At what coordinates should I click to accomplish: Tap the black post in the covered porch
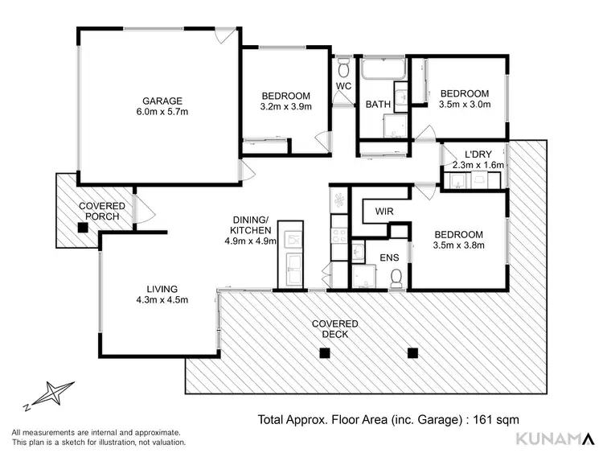[82, 228]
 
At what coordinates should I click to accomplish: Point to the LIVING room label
[162, 289]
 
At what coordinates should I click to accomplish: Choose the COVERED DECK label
[335, 329]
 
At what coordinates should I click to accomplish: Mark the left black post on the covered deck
[324, 352]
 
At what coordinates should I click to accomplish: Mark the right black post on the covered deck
[413, 352]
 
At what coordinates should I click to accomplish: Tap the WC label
[343, 85]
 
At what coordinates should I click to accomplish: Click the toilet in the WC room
[343, 64]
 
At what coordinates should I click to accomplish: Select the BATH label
[378, 105]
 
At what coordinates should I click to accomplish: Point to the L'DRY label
[478, 154]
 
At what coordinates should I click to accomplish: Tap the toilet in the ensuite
[396, 278]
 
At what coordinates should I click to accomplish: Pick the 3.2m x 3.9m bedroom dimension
[285, 105]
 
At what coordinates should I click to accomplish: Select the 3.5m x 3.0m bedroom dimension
[464, 105]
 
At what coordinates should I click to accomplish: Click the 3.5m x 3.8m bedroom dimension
[459, 245]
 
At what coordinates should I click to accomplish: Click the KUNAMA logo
[554, 438]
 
